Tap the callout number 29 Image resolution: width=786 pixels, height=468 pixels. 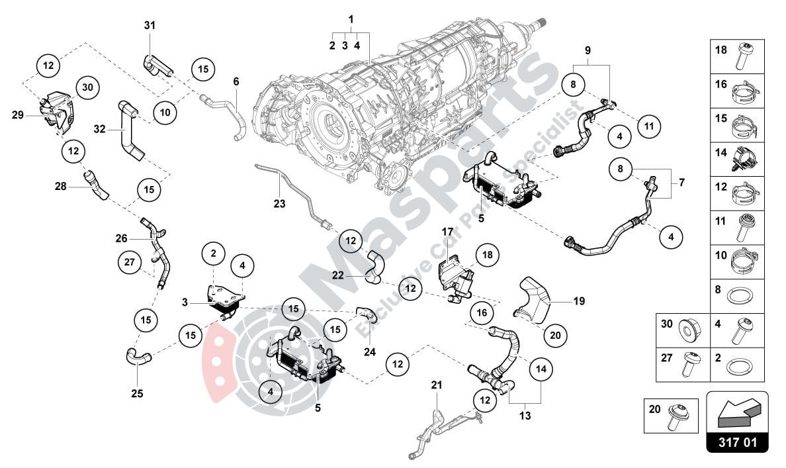click(x=18, y=115)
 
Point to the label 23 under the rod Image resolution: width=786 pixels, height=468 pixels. click(x=279, y=204)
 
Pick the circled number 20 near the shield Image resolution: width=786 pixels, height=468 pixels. click(x=555, y=336)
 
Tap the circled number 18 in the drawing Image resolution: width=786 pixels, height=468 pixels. click(x=488, y=254)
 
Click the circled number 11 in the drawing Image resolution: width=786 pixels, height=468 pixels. click(x=649, y=125)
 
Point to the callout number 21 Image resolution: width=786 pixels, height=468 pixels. click(x=436, y=385)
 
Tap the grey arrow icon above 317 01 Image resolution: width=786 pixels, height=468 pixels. click(x=738, y=409)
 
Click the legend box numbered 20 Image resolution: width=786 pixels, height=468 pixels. click(x=672, y=416)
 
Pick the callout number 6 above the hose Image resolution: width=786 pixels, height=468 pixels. click(x=236, y=81)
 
